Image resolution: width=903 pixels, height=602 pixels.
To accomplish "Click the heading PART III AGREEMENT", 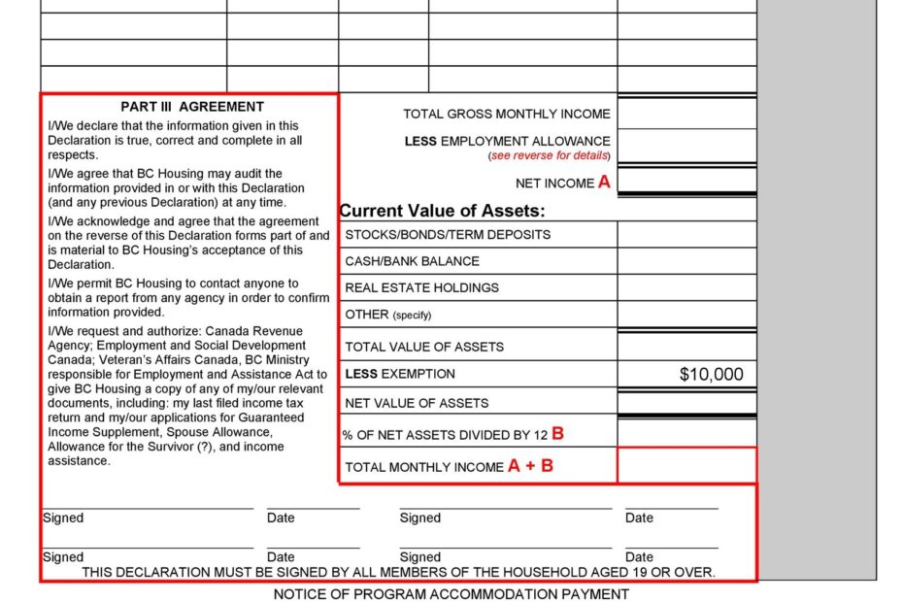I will coord(192,107).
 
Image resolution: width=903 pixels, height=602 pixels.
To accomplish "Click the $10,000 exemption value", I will coord(711,375).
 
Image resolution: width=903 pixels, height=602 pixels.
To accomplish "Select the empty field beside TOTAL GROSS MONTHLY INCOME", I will coord(686,114).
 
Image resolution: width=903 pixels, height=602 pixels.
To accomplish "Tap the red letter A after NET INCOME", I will coord(604,182).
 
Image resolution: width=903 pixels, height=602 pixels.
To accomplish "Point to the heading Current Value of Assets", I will coord(442,211).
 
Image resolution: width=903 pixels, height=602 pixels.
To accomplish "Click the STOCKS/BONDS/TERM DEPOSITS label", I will coord(448,235).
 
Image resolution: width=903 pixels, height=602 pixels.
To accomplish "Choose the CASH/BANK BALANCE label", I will coord(412,261).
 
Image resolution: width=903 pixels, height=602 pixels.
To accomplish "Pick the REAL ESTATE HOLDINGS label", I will coord(421,287).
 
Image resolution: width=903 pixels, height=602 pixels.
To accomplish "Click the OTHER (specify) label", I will coord(387,315).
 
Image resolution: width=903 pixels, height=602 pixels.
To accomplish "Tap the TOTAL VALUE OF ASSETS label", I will coord(424,347).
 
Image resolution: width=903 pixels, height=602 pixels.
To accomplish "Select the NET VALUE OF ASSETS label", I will coord(417,403).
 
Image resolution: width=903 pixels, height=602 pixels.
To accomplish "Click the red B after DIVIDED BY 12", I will coord(557,434).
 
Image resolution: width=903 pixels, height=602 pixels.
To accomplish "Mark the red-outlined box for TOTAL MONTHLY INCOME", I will coord(686,465).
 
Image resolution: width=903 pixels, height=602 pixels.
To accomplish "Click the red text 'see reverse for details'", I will coord(550,156).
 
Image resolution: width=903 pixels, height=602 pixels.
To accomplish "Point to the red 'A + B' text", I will coord(530,466).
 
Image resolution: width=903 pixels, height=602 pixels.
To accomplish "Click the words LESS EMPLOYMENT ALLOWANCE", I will coord(508,141).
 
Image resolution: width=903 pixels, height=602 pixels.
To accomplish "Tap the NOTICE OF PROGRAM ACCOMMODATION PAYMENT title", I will coord(451,593).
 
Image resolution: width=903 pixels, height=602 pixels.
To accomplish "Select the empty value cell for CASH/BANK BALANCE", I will coord(686,261).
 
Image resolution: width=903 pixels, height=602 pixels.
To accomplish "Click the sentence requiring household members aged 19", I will coord(398,572).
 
